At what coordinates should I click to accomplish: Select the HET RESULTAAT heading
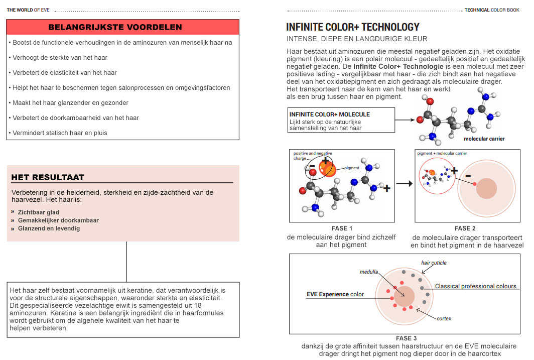pyautogui.click(x=48, y=177)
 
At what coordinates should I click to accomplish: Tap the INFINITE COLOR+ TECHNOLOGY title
pyautogui.click(x=352, y=27)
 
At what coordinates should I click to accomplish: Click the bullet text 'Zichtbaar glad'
pyautogui.click(x=38, y=212)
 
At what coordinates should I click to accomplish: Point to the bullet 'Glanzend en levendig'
pyautogui.click(x=49, y=228)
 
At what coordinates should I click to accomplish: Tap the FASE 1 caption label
pyautogui.click(x=342, y=228)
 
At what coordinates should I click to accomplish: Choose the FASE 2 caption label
pyautogui.click(x=465, y=228)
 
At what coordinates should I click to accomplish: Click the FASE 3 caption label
pyautogui.click(x=406, y=338)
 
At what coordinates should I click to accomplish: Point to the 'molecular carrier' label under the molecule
pyautogui.click(x=484, y=139)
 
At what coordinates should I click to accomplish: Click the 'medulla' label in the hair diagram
pyautogui.click(x=368, y=272)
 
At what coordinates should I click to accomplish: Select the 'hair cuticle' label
pyautogui.click(x=434, y=263)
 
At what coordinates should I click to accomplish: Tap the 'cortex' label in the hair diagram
pyautogui.click(x=444, y=318)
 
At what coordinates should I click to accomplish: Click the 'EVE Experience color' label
pyautogui.click(x=335, y=294)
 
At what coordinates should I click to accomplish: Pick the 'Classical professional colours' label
pyautogui.click(x=475, y=286)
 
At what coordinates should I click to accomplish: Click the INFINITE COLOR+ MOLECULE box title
pyautogui.click(x=329, y=114)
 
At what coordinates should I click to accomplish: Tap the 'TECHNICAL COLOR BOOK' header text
pyautogui.click(x=492, y=10)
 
